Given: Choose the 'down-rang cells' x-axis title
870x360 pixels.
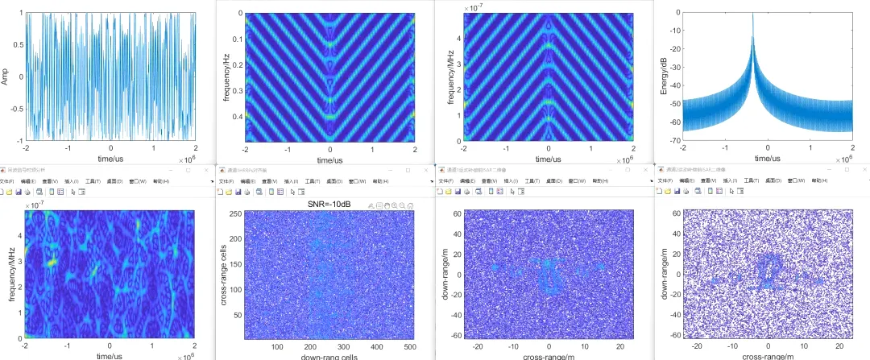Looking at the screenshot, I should [329, 356].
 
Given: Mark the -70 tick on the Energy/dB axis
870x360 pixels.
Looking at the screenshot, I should [674, 141].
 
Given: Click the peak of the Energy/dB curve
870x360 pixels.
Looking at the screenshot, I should [752, 14].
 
